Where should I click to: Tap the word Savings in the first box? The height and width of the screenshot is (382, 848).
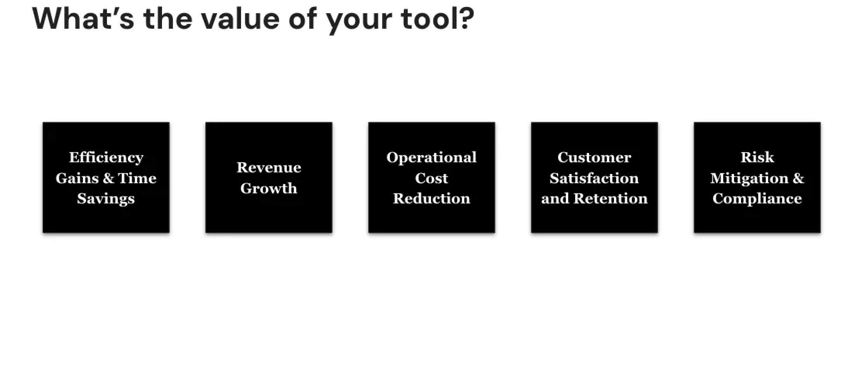click(106, 199)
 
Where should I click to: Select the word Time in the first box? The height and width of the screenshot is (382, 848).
click(137, 178)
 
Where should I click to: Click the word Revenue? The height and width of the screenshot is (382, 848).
click(269, 167)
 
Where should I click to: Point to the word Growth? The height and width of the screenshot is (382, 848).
click(269, 188)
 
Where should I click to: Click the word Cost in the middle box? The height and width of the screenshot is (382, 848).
click(431, 178)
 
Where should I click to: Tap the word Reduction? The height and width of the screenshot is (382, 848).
click(431, 198)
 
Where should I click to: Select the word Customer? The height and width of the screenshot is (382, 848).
click(594, 157)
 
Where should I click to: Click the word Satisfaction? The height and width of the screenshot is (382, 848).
click(594, 178)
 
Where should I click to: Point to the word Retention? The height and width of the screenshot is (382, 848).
click(610, 198)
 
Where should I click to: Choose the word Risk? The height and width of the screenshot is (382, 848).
click(757, 157)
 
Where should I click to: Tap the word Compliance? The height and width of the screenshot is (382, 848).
click(757, 199)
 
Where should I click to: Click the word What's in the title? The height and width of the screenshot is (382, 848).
click(83, 18)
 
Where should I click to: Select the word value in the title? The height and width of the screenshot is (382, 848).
click(240, 18)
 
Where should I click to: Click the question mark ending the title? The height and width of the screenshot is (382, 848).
click(466, 18)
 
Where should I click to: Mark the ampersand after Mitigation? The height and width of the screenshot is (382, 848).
click(798, 178)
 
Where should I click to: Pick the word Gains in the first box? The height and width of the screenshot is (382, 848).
click(78, 178)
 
